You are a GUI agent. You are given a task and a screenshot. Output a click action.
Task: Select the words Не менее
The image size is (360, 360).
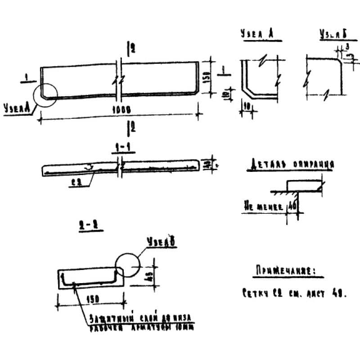coord(264,207)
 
